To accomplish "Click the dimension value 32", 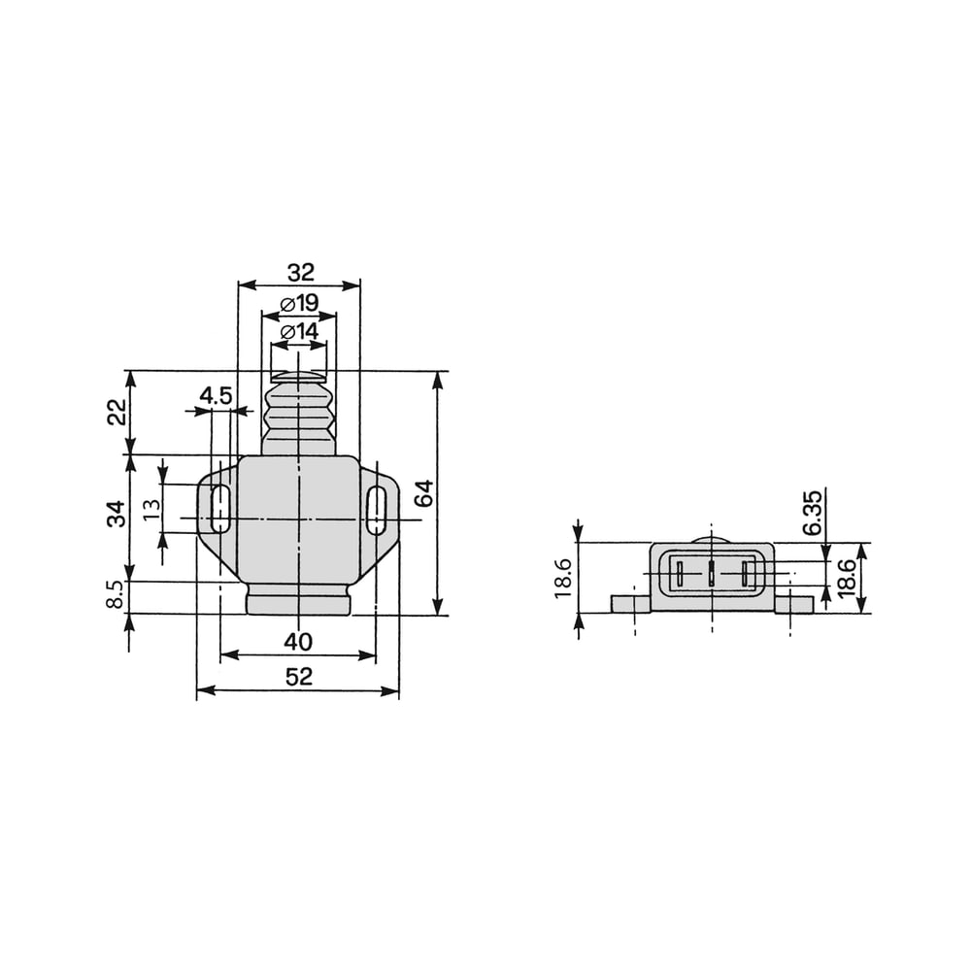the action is click(301, 272).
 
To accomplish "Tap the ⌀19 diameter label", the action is click(299, 303).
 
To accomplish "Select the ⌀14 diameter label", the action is click(299, 332).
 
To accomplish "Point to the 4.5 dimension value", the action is click(216, 396).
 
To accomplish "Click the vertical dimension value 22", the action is click(117, 412).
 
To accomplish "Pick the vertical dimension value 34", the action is click(117, 514).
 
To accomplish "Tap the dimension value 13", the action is click(151, 509).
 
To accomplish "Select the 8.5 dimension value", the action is click(117, 594).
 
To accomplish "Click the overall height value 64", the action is click(424, 493).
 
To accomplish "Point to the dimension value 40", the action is click(298, 642).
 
